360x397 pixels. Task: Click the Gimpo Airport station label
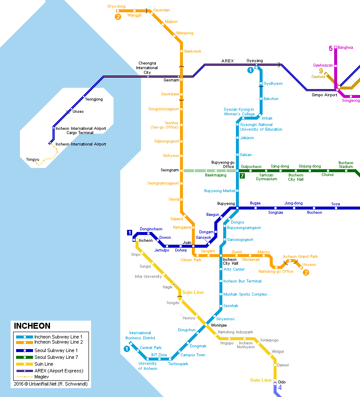(324, 95)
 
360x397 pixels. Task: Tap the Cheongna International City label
(147, 68)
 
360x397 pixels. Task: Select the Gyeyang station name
(255, 61)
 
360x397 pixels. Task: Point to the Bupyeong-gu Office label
(223, 164)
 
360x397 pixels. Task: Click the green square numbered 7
(242, 176)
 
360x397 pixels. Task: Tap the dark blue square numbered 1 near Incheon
(130, 232)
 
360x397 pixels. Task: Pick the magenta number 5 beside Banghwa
(330, 48)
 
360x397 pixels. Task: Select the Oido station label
(282, 382)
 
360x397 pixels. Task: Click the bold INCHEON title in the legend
(32, 326)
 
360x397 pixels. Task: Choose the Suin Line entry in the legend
(44, 364)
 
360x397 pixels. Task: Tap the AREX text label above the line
(227, 61)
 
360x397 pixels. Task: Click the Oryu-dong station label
(116, 6)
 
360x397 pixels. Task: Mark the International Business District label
(140, 335)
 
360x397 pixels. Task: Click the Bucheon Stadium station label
(346, 165)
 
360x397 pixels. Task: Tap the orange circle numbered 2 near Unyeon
(306, 272)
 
